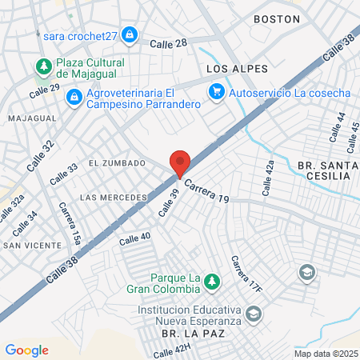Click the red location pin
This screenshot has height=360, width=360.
(180, 163)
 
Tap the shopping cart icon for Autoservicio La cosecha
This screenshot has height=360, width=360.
(216, 93)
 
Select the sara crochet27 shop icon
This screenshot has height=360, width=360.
(130, 35)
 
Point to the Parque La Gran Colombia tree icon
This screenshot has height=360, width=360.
(212, 282)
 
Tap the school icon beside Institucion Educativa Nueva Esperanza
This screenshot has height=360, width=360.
(254, 314)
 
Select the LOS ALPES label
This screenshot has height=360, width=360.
(237, 69)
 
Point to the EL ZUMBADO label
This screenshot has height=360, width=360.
(117, 163)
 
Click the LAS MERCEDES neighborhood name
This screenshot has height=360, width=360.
(114, 197)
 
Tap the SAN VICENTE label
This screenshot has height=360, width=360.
(31, 245)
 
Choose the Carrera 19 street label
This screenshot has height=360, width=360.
(207, 192)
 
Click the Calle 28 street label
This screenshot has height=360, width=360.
(169, 45)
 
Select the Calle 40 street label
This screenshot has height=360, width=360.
(134, 238)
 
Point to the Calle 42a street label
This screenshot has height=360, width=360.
(269, 178)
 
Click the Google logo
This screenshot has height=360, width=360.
(26, 350)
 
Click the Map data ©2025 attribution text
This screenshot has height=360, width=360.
(326, 354)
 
